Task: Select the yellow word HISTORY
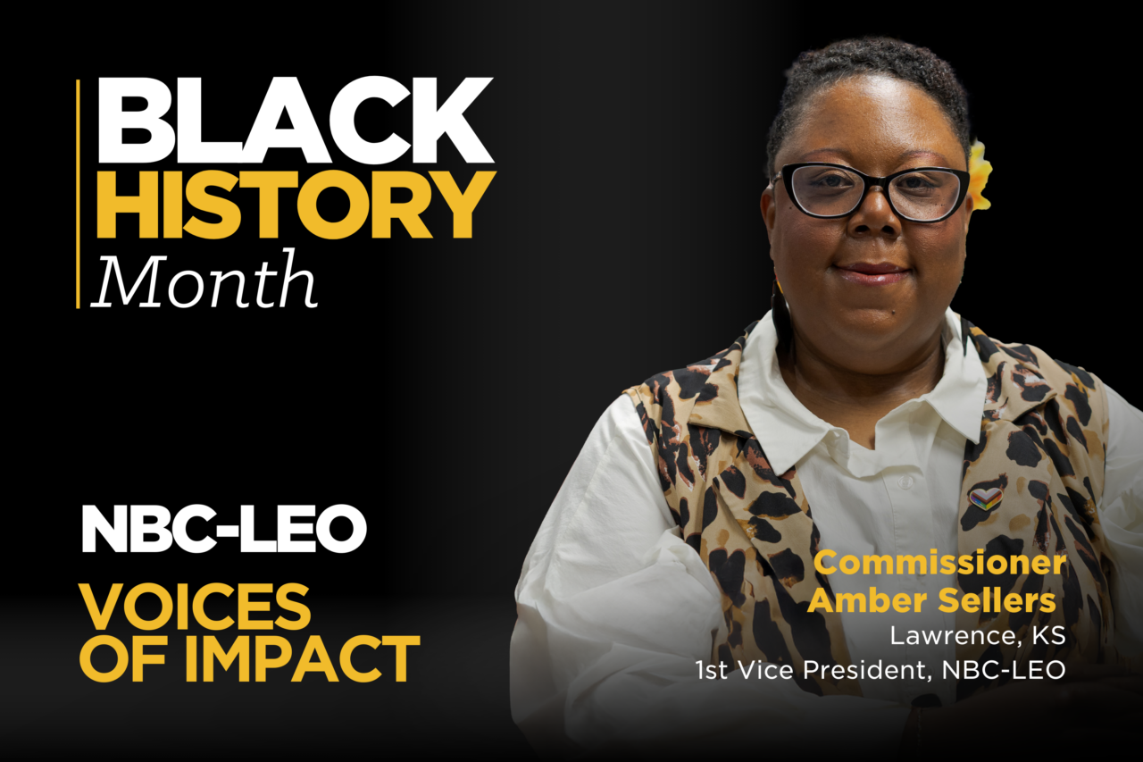coord(296,205)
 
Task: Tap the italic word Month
coord(204,280)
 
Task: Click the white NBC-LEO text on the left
coord(224,529)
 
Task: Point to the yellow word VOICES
coord(195,607)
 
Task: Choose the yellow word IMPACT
coord(302,658)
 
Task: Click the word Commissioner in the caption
coord(939,563)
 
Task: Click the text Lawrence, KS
coord(978,636)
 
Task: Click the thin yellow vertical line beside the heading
coord(78,194)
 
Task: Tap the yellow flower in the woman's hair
coord(980,175)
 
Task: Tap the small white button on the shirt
coord(905,481)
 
